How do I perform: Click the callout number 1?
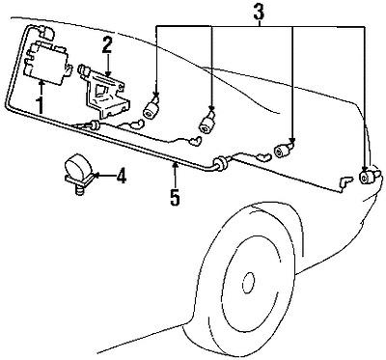(x=40, y=101)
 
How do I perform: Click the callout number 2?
(x=108, y=43)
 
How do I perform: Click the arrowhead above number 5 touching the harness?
(x=175, y=166)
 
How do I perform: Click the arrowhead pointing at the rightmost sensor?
(x=365, y=167)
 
